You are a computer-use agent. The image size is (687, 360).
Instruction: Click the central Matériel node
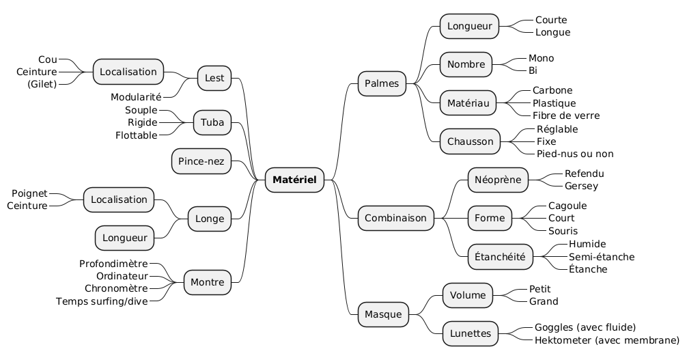294,180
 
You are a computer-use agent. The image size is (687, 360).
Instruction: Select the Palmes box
382,84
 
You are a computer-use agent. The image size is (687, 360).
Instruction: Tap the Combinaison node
396,218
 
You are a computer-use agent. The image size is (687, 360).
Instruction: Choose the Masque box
384,314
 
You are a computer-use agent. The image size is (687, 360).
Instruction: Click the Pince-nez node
201,161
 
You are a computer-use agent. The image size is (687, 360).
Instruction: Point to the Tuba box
212,122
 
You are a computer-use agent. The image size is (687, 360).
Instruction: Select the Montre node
208,281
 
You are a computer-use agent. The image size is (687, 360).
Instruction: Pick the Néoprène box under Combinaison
498,180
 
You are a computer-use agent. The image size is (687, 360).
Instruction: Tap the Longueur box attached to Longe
125,238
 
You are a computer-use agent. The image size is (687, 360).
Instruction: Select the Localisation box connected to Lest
128,71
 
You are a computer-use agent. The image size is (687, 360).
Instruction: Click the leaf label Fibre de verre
565,115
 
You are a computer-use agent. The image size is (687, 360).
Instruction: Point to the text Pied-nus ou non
575,154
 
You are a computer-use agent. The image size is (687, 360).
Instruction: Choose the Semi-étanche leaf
601,257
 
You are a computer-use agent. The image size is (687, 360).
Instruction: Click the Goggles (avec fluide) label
585,327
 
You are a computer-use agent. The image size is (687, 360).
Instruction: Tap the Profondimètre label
113,264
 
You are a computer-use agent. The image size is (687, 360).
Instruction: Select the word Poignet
29,193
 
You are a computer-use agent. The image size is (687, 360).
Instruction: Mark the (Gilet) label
42,84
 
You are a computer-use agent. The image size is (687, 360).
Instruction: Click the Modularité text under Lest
135,97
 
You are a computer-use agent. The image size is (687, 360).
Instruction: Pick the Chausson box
470,141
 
